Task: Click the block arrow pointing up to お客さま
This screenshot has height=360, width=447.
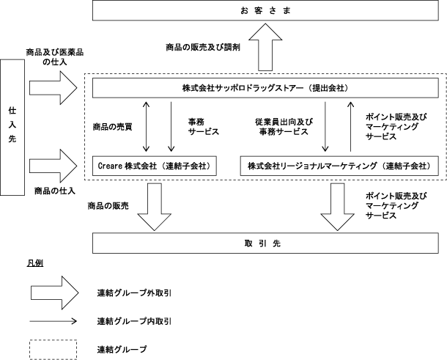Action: tap(265, 47)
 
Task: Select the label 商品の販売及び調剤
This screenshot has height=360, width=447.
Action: tap(203, 47)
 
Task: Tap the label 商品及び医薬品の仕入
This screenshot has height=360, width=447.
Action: tap(55, 56)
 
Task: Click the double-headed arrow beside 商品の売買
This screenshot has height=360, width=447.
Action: tap(146, 126)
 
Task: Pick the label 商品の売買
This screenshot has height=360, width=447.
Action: tap(113, 127)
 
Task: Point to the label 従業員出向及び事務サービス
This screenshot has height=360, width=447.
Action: tap(284, 127)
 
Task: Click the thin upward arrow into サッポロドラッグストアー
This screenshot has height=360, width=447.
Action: tap(351, 126)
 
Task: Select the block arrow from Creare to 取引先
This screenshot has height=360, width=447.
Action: tap(154, 207)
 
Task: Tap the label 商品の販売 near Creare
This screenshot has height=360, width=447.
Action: tap(108, 206)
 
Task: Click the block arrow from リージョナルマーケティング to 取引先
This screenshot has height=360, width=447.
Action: tap(338, 207)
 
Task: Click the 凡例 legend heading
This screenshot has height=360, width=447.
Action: tap(35, 263)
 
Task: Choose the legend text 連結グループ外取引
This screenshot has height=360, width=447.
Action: tap(134, 293)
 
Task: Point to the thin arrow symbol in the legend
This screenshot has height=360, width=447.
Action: tap(53, 321)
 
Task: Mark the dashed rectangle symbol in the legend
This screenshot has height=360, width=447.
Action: tap(53, 340)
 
